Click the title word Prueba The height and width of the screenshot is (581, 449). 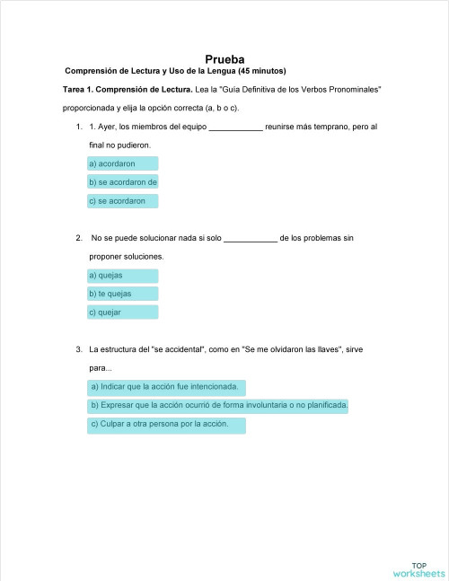(224, 58)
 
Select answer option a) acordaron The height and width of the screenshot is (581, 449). (122, 163)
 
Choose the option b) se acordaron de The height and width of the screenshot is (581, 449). (122, 182)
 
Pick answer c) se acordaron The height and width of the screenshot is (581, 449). (122, 201)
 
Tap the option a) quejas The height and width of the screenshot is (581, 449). (122, 275)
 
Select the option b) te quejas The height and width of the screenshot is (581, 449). (122, 294)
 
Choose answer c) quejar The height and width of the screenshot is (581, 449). (122, 313)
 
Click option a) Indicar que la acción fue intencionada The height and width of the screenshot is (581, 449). (166, 387)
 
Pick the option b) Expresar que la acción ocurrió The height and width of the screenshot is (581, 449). (218, 406)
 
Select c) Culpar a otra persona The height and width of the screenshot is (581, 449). (166, 425)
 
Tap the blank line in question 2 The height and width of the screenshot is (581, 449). (250, 240)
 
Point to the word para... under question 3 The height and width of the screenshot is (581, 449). (101, 368)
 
